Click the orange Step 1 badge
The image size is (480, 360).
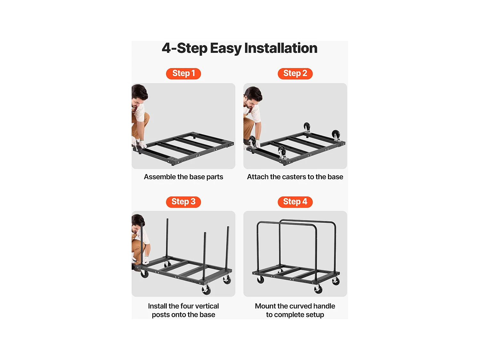[183, 74]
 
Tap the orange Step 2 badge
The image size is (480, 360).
[295, 74]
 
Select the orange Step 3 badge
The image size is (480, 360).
[183, 202]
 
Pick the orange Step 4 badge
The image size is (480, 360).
[295, 202]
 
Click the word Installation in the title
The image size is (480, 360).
[281, 48]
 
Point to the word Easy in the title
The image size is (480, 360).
[226, 49]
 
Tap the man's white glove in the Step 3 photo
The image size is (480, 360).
[146, 260]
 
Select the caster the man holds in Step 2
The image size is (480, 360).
[252, 142]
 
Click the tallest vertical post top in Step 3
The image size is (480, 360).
[167, 219]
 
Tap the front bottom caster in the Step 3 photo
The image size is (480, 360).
[206, 290]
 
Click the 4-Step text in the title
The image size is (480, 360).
[184, 48]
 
